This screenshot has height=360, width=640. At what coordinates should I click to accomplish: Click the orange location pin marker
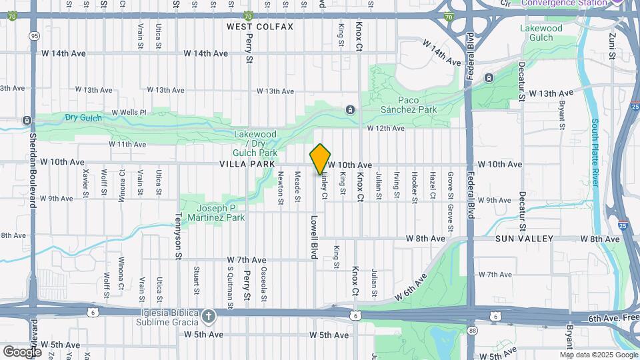click(321, 159)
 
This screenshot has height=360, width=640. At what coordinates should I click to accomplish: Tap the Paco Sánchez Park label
click(409, 105)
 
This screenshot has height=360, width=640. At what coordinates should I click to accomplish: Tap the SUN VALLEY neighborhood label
click(525, 239)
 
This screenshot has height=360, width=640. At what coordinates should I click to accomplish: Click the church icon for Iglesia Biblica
click(209, 316)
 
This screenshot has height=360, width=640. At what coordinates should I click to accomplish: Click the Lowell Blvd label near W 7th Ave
click(313, 237)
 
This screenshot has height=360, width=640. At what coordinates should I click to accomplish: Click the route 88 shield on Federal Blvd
click(472, 330)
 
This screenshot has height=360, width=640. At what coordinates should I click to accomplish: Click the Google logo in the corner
click(22, 351)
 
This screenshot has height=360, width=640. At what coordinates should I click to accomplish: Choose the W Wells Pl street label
click(129, 112)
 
